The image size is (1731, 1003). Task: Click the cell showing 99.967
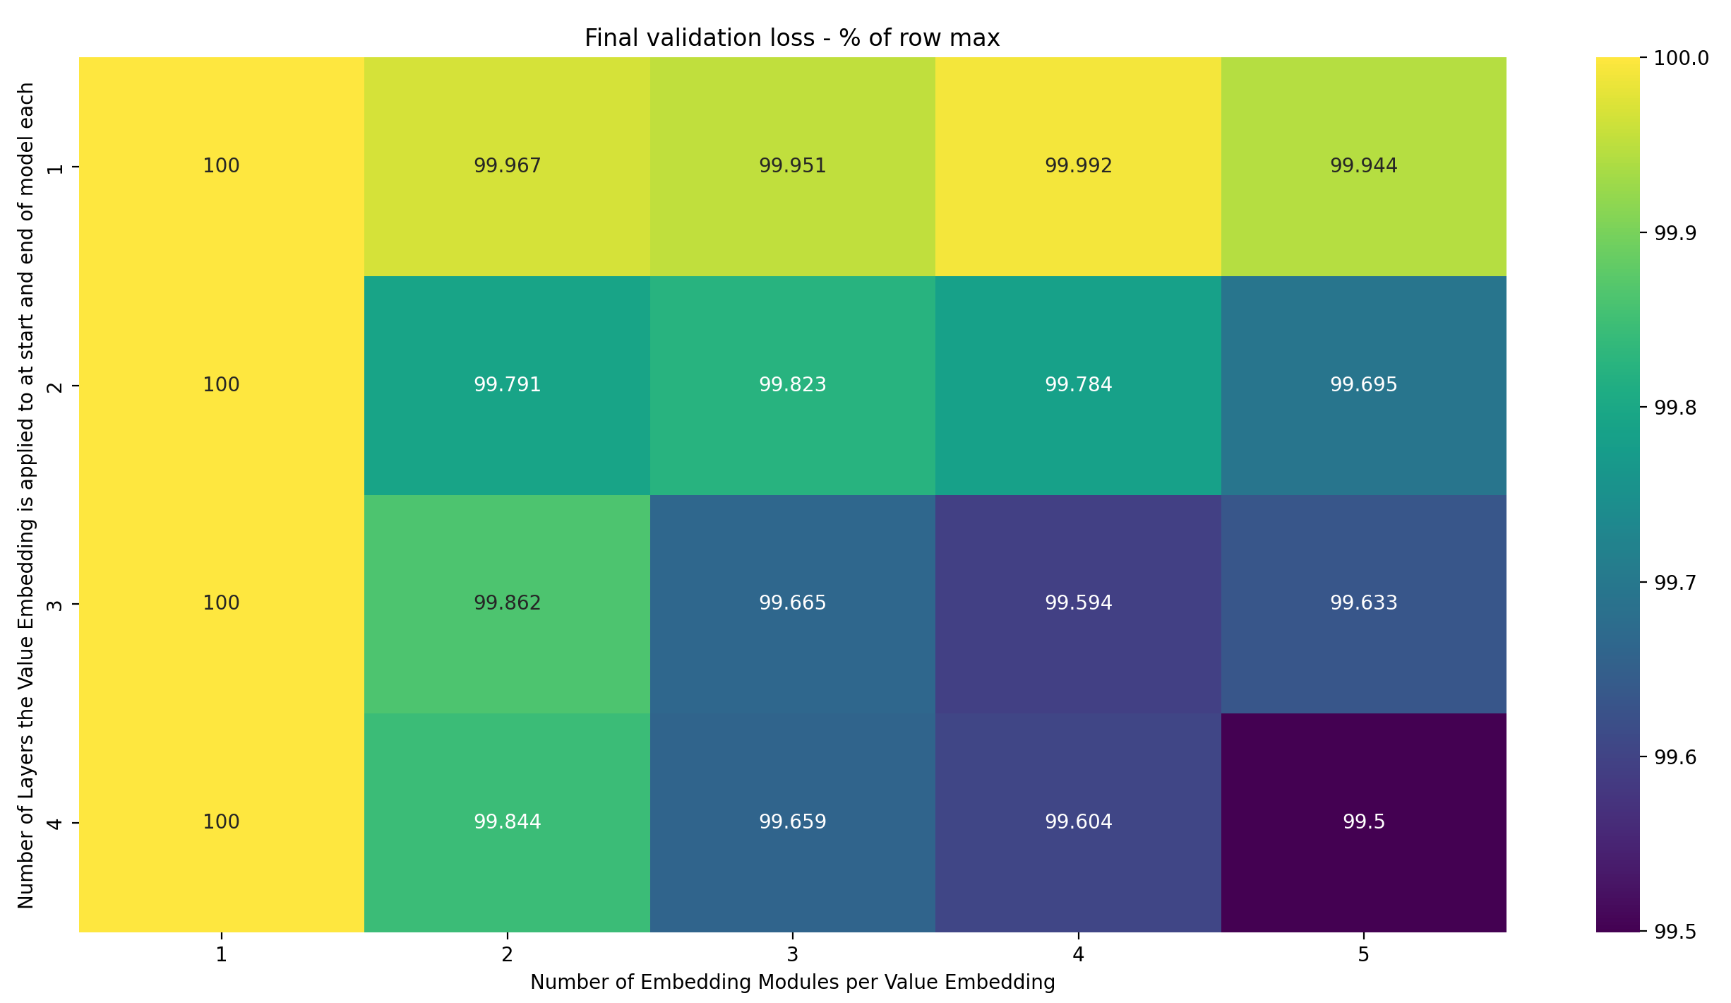point(507,166)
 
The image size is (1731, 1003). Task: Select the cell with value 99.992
point(1078,166)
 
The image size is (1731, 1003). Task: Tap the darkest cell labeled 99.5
point(1363,822)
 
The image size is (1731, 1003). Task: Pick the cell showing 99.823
point(792,385)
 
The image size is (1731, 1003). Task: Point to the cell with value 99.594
point(1078,603)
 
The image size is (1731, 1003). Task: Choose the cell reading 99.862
point(507,603)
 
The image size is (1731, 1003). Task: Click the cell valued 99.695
point(1363,385)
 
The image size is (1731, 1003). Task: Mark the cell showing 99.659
point(792,822)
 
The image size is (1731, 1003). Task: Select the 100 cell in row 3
point(221,603)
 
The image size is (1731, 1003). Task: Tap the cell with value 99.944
point(1363,166)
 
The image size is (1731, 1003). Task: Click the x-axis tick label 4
point(1078,955)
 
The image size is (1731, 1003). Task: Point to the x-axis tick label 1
point(221,955)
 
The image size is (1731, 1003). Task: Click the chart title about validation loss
point(792,37)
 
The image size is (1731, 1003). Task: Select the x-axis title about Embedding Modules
point(792,983)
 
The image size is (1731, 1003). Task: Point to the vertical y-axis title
point(26,494)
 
